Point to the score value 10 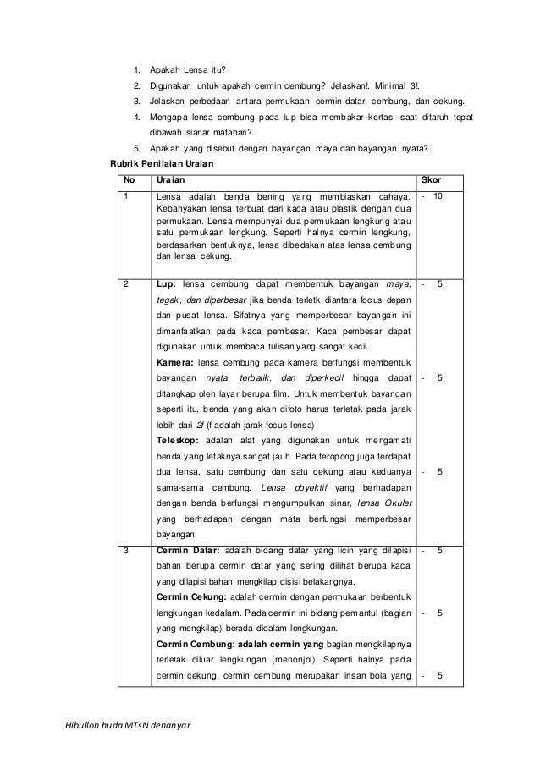coord(438,196)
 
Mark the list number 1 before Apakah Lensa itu coord(136,70)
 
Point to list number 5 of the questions coord(136,148)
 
